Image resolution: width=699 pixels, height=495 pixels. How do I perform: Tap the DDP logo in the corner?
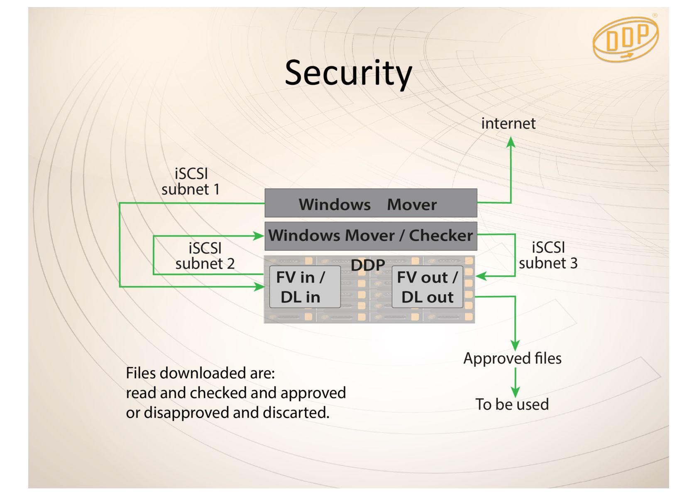(x=626, y=39)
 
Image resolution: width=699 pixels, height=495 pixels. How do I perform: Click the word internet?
(x=508, y=123)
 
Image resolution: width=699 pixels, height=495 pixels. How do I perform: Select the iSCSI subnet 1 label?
(x=191, y=182)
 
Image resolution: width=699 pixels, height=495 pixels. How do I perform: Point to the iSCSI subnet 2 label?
(x=205, y=256)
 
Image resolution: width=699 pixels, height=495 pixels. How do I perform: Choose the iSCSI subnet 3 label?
(x=548, y=255)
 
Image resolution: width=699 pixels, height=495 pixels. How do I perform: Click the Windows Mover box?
(x=371, y=203)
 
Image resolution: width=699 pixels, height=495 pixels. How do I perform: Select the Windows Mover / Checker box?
(x=371, y=236)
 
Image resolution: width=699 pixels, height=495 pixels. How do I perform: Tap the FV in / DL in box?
(x=305, y=287)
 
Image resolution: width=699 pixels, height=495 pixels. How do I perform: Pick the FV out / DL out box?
(x=427, y=287)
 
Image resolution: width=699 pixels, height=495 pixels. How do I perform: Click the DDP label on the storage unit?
(x=368, y=265)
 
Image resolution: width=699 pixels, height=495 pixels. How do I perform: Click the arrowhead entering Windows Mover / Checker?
(x=258, y=236)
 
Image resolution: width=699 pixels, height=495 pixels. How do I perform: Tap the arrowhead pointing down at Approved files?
(x=515, y=345)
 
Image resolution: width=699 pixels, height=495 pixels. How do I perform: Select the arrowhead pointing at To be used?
(x=515, y=392)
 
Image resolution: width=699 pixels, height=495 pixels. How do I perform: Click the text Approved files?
(x=512, y=359)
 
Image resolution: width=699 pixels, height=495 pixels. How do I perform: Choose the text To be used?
(x=512, y=404)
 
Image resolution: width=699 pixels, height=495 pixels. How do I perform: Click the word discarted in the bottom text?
(x=296, y=412)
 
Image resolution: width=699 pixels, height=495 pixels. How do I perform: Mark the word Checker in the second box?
(x=441, y=235)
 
